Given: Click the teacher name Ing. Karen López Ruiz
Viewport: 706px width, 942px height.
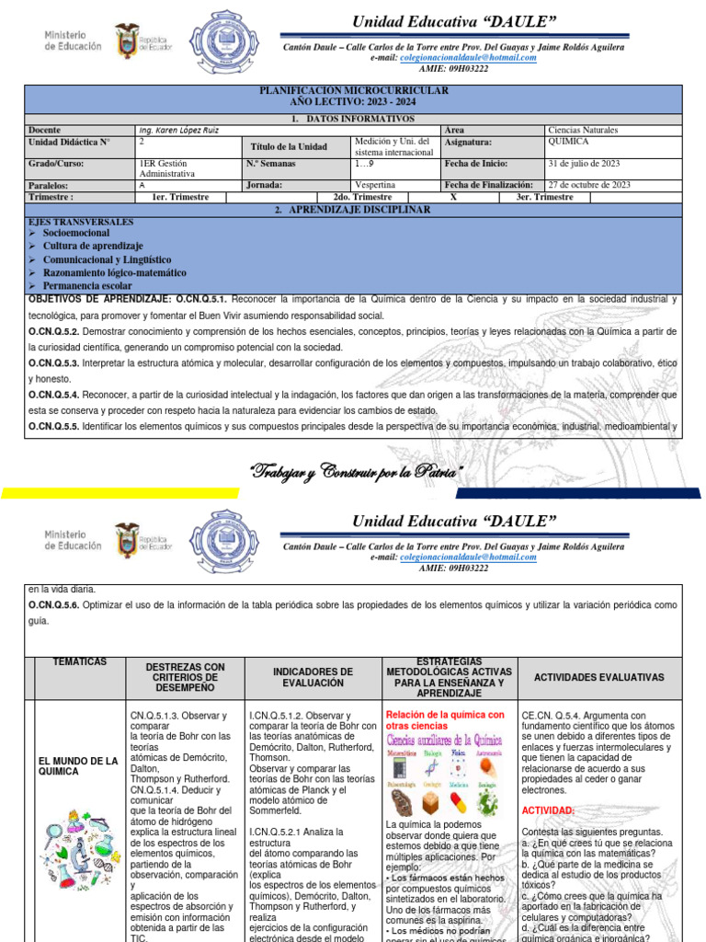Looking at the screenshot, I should point(178,131).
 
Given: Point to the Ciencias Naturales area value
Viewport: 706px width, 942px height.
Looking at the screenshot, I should point(583,131).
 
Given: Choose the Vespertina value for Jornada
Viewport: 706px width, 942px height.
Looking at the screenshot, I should point(379,185).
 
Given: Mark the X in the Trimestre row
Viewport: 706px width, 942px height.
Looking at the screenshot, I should point(453,197).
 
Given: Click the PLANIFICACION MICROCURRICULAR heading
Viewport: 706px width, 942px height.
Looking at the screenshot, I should point(353,91).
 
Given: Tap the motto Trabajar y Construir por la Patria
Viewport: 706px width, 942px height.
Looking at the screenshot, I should point(357,474).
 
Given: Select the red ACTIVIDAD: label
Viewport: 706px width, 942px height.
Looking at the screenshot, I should point(549,810).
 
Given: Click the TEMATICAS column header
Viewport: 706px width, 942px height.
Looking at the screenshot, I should point(80,662).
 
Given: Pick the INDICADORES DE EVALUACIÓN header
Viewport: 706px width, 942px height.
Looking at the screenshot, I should point(313,677).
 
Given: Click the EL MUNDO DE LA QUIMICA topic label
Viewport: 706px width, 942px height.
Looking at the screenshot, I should point(79,765).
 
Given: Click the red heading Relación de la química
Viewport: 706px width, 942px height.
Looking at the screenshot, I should point(445,715).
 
